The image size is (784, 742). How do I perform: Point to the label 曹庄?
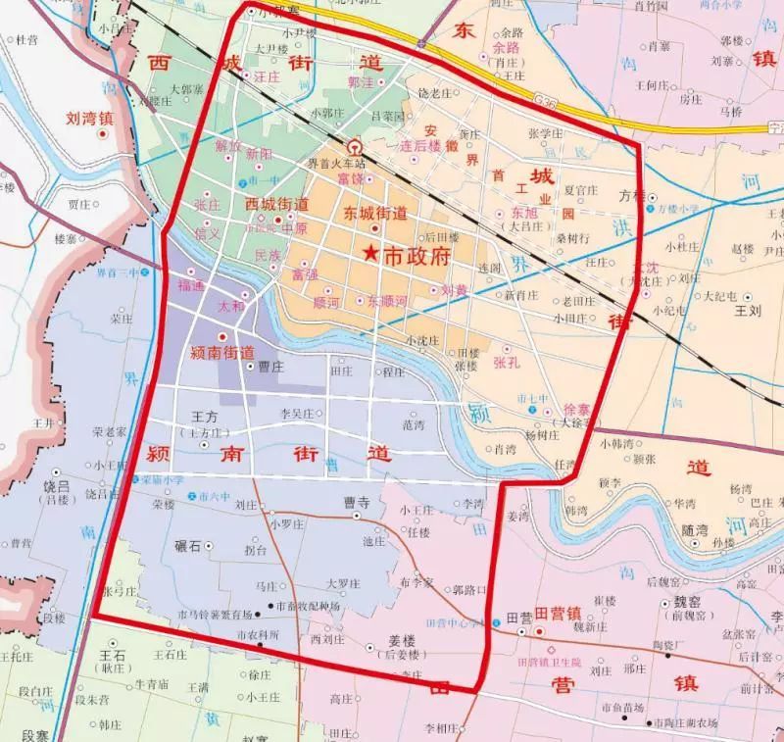[x=269, y=366]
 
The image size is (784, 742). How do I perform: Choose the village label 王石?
[x=114, y=653]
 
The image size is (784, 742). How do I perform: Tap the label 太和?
[x=230, y=305]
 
